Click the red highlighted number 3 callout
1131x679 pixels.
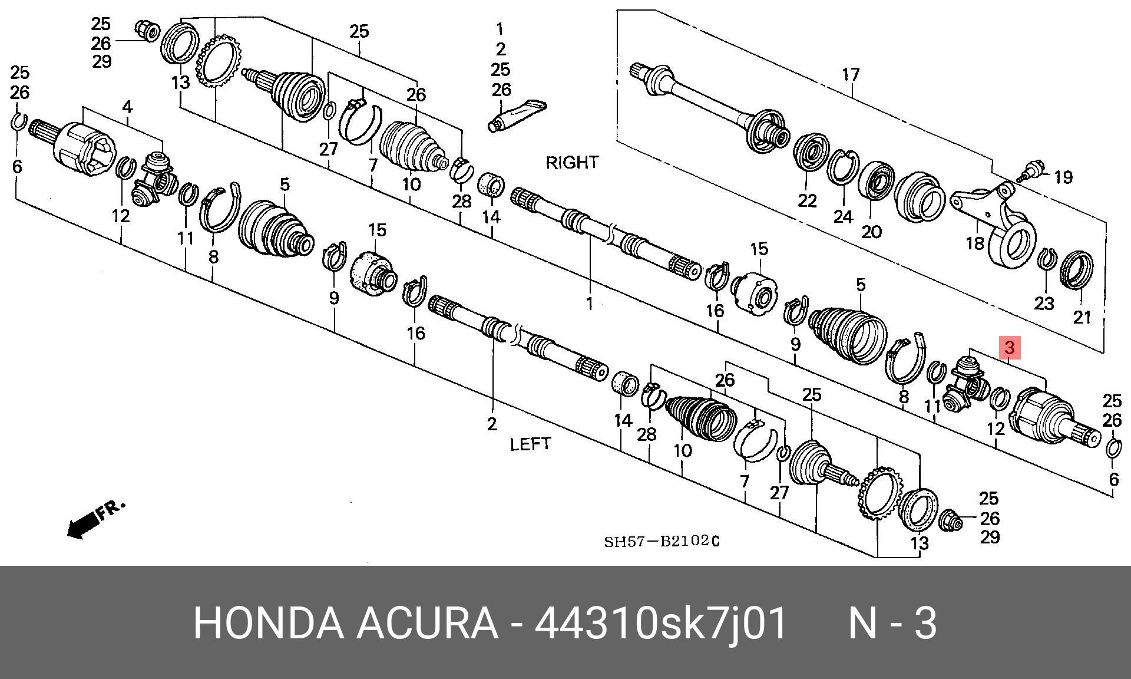coord(1010,348)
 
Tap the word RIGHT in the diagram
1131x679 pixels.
coord(572,163)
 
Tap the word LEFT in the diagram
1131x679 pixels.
coord(530,444)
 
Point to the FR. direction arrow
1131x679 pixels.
coord(94,518)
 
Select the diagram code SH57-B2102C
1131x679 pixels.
coord(662,541)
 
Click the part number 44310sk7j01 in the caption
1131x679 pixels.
coord(660,624)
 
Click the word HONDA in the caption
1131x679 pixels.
coord(268,624)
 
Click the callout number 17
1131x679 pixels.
coord(851,75)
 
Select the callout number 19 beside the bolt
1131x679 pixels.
coord(1063,177)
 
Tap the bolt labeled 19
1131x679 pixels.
coord(1031,172)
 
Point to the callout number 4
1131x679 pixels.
coord(127,107)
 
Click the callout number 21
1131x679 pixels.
coord(1082,317)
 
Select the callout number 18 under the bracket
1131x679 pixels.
coord(975,243)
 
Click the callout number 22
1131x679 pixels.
coord(807,201)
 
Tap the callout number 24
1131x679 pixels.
coord(843,217)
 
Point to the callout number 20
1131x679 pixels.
coord(871,232)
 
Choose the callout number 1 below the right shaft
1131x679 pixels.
coord(589,304)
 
